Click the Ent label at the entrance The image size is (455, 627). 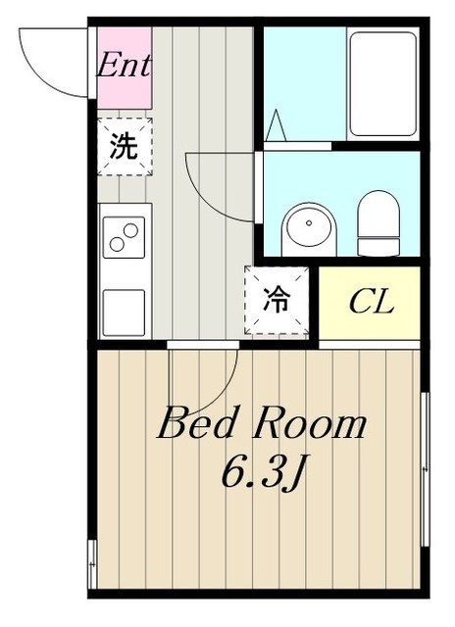tap(124, 67)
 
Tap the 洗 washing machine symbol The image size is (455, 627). tap(124, 147)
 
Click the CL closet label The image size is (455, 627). tap(371, 302)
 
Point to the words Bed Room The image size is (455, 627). tap(262, 426)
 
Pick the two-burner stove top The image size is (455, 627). tap(125, 236)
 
